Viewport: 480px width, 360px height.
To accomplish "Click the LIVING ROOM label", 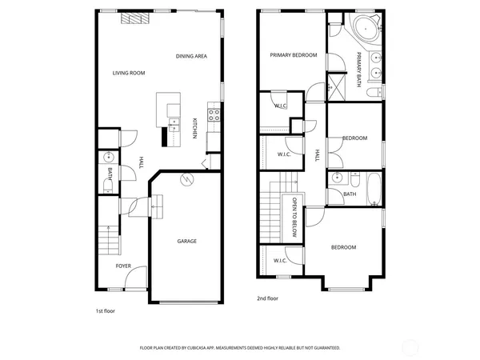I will click(128, 73).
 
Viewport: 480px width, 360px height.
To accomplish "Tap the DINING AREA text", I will click(192, 56).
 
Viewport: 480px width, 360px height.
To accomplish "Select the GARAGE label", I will click(186, 241).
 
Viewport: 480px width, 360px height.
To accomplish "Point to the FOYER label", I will click(123, 266).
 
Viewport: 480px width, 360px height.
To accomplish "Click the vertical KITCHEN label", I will click(194, 128).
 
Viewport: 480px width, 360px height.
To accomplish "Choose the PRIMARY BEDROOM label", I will click(293, 55).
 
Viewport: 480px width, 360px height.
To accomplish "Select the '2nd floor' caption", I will click(268, 298).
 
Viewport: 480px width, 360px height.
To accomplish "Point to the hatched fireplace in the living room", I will click(130, 19).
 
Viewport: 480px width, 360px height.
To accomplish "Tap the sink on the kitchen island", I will click(173, 123).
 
